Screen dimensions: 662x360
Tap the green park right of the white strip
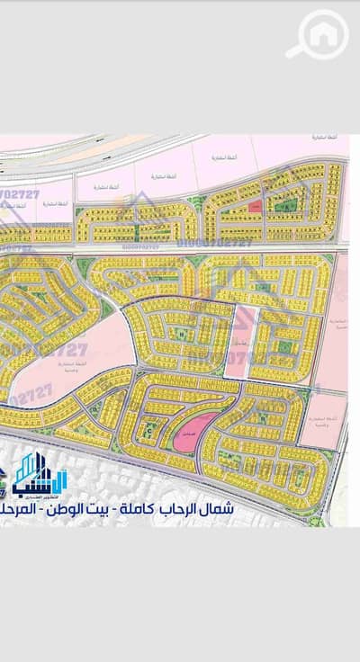283,345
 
